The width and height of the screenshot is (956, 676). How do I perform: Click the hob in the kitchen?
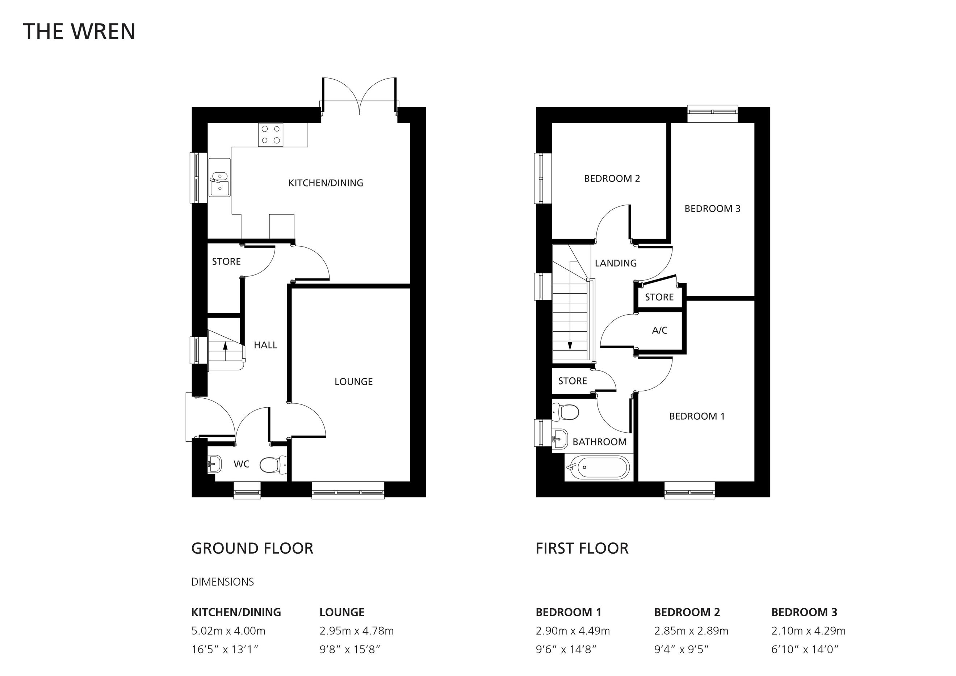coord(271,135)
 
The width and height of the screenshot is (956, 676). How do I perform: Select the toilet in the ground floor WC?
coord(273,465)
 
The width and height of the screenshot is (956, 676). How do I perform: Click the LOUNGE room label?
coord(353,382)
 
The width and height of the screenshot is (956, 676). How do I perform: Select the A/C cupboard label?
coord(659,331)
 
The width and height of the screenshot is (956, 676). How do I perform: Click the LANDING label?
coord(616,263)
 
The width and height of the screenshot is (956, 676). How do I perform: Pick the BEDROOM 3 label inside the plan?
coord(712,209)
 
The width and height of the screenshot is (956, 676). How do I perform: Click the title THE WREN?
coord(79,32)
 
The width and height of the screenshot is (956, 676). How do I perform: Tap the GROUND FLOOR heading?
coord(252,548)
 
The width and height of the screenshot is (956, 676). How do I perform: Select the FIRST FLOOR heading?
coord(582,548)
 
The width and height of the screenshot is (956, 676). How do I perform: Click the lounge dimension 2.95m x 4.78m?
coord(356,631)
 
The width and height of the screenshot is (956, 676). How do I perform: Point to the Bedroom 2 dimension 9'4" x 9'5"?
coord(681,649)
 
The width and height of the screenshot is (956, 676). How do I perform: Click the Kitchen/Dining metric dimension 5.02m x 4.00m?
coord(228,631)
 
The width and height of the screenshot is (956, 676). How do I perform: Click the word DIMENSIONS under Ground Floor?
coord(222,582)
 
